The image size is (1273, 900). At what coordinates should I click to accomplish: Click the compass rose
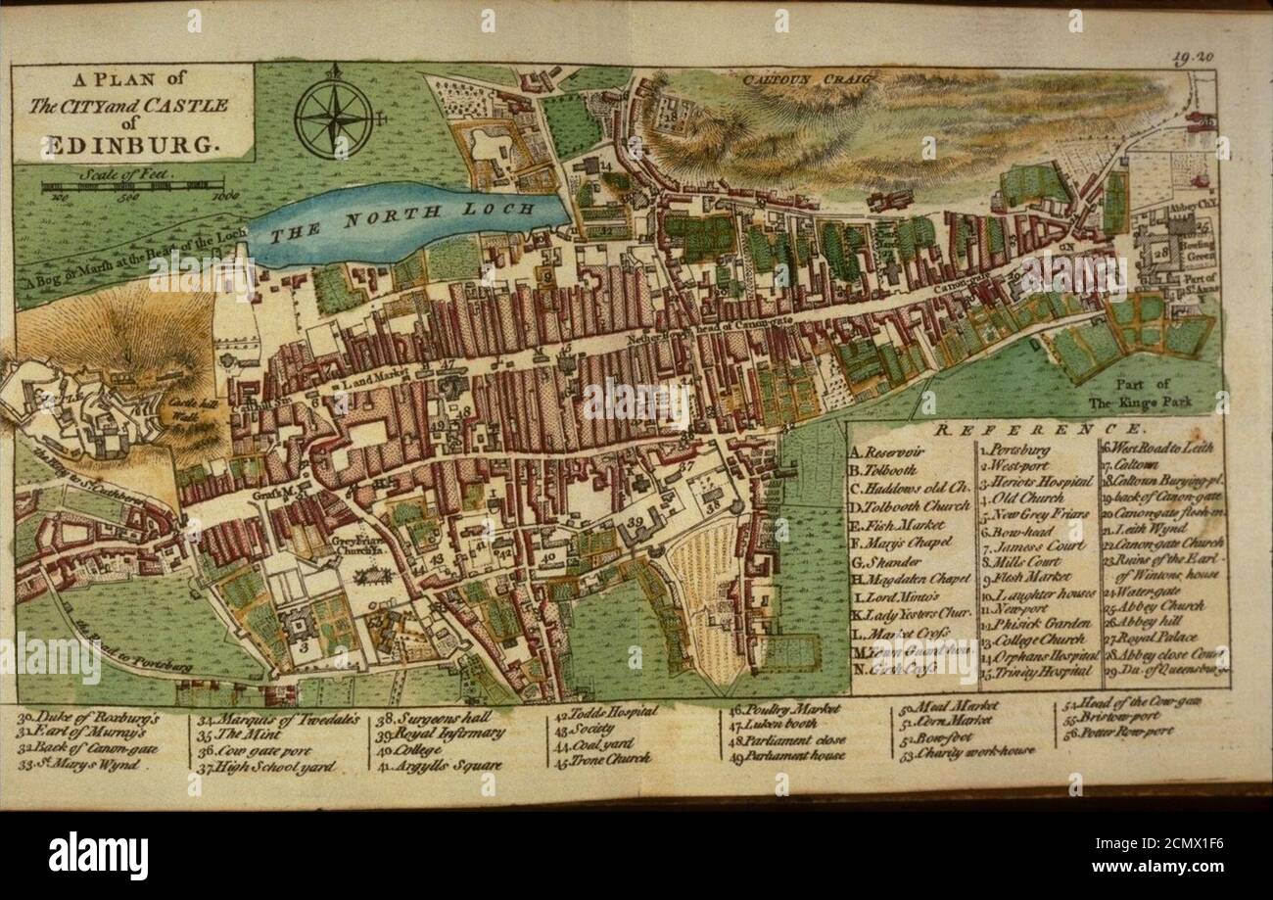click(333, 118)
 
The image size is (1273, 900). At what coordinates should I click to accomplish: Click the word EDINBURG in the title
click(127, 146)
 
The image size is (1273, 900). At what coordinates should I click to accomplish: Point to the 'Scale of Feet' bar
click(132, 185)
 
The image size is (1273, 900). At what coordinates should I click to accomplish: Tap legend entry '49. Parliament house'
click(788, 755)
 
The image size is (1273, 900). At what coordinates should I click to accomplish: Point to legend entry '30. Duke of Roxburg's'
click(88, 716)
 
